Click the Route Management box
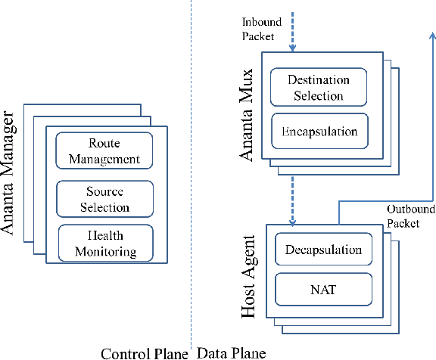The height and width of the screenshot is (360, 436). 104,151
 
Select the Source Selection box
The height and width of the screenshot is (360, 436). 104,199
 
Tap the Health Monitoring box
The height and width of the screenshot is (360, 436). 106,243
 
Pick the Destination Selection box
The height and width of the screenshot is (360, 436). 319,87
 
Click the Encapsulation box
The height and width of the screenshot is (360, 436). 319,131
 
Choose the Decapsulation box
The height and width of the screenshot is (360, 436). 324,249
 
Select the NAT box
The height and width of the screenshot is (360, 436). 324,290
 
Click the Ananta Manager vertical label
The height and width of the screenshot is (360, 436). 8,172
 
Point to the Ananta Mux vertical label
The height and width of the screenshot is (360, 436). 246,115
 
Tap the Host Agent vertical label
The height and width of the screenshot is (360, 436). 248,277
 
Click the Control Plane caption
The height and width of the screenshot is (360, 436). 145,354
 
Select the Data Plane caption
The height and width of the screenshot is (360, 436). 232,353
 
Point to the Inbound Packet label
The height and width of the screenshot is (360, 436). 261,29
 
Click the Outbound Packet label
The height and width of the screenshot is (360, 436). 411,216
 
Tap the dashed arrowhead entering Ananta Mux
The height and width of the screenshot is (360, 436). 292,48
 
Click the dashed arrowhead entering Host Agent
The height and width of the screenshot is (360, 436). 292,222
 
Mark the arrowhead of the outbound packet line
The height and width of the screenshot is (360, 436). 432,35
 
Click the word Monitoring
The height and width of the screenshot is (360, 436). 106,252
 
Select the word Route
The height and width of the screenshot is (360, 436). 104,143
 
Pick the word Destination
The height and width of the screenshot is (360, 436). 319,79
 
